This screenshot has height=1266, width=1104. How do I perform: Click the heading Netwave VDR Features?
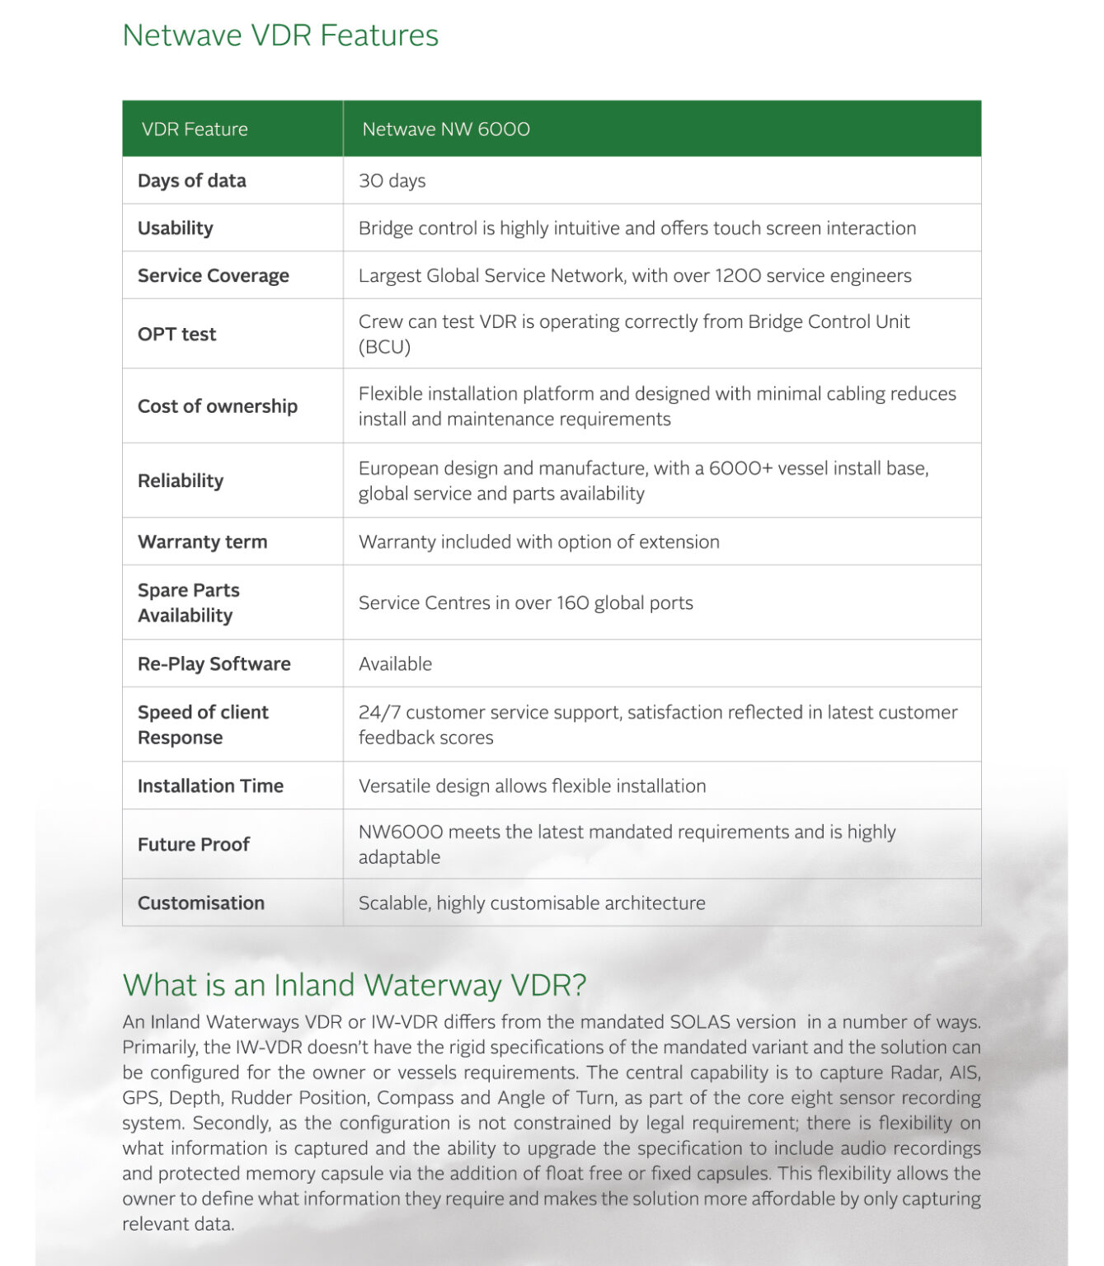(280, 35)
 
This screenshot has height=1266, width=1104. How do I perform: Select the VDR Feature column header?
(195, 129)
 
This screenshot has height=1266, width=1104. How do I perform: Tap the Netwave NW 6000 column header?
(446, 129)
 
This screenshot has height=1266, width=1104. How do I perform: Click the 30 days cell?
(392, 181)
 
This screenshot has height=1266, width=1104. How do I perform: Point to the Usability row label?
(176, 228)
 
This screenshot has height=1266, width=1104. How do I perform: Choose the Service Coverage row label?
(214, 275)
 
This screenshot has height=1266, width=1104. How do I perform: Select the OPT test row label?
(177, 334)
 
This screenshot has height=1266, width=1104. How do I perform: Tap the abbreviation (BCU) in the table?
(384, 347)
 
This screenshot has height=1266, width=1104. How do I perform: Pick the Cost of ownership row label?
(218, 406)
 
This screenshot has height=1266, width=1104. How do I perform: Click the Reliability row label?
(181, 481)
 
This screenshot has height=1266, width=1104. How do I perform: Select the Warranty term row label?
(203, 542)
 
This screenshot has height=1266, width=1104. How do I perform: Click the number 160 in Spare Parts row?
(572, 603)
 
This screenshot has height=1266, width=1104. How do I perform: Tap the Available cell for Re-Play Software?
(396, 663)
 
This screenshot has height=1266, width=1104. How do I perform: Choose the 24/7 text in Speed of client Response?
(379, 712)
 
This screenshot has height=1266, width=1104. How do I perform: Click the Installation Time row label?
(210, 785)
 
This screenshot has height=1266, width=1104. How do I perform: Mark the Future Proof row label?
(194, 844)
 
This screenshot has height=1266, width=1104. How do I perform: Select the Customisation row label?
(201, 903)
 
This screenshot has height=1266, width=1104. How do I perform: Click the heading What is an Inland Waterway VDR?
(355, 985)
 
